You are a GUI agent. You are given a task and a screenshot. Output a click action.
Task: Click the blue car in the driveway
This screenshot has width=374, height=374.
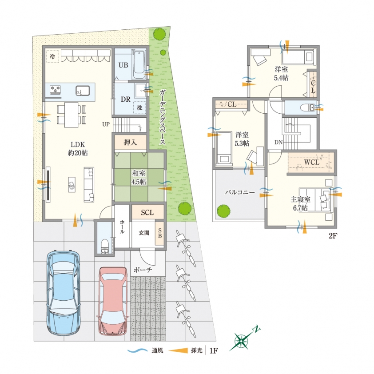[x=63, y=293]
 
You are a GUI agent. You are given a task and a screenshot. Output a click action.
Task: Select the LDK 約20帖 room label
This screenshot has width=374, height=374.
[x=78, y=148]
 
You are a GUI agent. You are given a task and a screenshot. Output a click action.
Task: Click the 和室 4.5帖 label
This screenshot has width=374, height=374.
[x=139, y=177]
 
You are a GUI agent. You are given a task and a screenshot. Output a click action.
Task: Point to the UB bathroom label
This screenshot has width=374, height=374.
[x=123, y=65]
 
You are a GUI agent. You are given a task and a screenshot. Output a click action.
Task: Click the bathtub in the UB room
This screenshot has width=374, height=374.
[x=139, y=64]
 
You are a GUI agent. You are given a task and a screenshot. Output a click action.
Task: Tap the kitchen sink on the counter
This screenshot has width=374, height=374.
[x=83, y=91]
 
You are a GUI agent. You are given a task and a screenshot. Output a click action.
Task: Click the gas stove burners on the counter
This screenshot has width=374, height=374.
[x=55, y=90]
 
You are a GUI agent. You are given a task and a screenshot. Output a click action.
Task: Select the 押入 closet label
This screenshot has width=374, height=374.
[x=130, y=143]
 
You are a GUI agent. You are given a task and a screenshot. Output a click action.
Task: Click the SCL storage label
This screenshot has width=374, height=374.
[x=147, y=212]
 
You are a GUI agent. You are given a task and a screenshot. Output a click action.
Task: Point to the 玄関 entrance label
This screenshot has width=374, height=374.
[x=144, y=233]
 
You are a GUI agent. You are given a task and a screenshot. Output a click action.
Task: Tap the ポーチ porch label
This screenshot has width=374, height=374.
[x=143, y=270]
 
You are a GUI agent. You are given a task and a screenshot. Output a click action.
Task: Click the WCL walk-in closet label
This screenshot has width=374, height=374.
[x=311, y=162]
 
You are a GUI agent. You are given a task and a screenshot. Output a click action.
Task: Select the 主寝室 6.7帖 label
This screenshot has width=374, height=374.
[x=301, y=203]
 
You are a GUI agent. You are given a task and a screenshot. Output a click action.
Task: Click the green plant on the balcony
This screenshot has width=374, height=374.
[x=223, y=211]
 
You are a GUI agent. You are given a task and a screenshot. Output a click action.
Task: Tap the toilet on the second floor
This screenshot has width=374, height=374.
[x=308, y=107]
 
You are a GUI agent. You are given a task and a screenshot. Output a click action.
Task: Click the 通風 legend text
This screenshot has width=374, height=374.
[x=157, y=350]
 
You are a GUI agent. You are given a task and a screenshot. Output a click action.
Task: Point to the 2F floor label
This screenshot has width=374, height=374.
[x=333, y=236]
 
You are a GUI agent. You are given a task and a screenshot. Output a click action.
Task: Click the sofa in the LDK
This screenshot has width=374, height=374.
[x=89, y=185]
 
